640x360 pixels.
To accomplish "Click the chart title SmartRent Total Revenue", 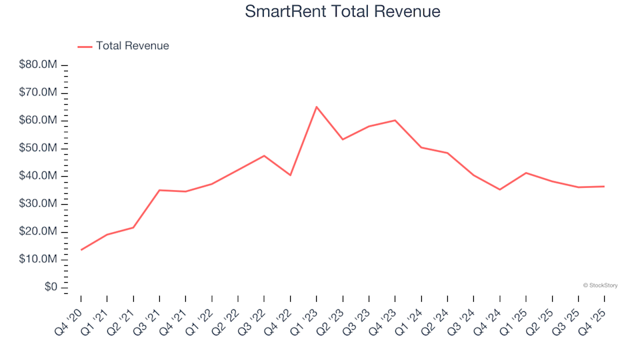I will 343,12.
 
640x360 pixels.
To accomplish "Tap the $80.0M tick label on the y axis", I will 38,65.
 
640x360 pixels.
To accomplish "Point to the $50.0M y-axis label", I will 38,148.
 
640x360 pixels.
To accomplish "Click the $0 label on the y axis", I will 49,287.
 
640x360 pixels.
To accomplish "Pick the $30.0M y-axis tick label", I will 38,204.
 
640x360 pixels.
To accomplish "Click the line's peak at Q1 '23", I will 317,107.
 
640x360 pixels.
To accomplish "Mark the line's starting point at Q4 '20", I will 81,250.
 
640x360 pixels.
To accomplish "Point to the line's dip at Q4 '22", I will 291,175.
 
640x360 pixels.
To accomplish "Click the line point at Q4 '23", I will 395,120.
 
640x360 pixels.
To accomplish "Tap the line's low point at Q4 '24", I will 500,190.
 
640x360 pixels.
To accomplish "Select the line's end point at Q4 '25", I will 604,187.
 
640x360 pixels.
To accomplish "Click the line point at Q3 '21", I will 159,190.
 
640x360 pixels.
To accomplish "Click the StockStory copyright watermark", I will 600,285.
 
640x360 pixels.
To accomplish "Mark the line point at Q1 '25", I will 526,173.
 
